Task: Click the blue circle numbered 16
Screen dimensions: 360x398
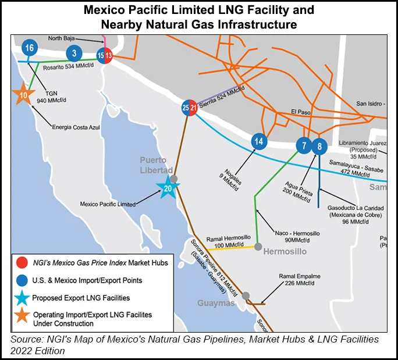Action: pos(30,47)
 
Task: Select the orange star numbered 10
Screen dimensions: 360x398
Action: pos(24,95)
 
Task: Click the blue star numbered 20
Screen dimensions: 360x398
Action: pos(168,188)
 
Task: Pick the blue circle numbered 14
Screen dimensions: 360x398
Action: pos(259,141)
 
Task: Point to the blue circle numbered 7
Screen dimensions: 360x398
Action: pos(303,145)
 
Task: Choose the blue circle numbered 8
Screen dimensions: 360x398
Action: pos(319,146)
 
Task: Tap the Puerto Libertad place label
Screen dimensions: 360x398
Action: pos(153,164)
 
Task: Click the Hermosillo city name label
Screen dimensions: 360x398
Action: pos(289,252)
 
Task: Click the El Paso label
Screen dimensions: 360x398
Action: pos(302,112)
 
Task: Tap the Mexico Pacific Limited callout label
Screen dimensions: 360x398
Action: pos(108,204)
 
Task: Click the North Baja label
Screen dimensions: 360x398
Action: pos(63,38)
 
